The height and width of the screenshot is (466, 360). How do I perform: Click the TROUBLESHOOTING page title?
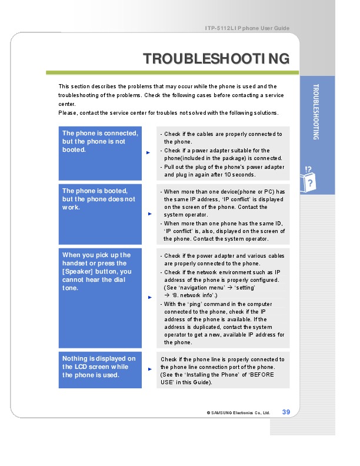[x=216, y=59]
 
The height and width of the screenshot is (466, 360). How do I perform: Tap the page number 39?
[x=286, y=411]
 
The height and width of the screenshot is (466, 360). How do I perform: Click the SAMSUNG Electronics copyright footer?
[x=238, y=412]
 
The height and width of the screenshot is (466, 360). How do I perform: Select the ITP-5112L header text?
[x=247, y=28]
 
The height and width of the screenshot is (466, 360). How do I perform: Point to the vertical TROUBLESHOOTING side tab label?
[x=316, y=112]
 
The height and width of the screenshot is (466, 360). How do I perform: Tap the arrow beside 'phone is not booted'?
[x=148, y=152]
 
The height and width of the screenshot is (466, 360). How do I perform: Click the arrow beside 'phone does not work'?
[x=148, y=214]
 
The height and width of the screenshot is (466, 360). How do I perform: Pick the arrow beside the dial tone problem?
[x=148, y=297]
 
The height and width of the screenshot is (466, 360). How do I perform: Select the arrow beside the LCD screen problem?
[x=148, y=370]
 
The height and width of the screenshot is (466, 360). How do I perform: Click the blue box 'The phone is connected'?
[x=100, y=153]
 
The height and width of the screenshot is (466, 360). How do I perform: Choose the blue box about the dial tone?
[x=100, y=298]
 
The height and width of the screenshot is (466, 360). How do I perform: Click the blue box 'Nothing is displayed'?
[x=100, y=370]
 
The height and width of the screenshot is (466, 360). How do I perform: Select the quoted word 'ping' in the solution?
[x=196, y=304]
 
